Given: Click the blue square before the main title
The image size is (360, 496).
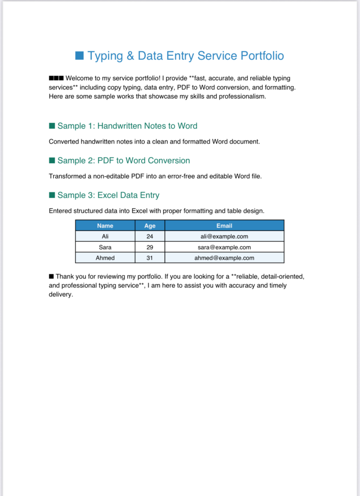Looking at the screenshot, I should coord(79,55).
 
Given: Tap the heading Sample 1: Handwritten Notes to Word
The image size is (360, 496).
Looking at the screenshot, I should coord(127,126).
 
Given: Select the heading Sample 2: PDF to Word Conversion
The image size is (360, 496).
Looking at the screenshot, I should coord(123,160).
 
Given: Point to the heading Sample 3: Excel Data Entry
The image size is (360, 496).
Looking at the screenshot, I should coord(108,195).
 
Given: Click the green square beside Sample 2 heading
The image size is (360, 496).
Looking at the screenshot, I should coord(52,160).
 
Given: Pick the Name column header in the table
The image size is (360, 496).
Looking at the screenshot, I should coord(105,226).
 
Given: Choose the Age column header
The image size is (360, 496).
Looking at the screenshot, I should coord(150,226).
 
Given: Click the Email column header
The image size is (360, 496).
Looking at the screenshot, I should coord(224,226).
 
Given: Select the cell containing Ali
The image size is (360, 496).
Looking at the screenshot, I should coord(105,236).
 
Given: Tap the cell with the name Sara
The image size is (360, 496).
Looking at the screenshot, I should coord(105,247).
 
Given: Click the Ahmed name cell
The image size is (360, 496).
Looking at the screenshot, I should coord(105,258).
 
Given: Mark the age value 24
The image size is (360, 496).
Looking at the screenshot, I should coord(150,236).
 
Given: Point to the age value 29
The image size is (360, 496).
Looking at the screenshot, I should coord(150,247).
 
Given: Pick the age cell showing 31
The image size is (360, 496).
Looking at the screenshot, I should coord(150,258).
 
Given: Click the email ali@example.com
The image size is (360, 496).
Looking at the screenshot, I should coord(224,236).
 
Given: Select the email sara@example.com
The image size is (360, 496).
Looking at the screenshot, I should coord(224,247).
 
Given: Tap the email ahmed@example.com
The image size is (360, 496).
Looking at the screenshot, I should coord(224,258).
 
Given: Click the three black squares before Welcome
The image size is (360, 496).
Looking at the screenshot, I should coord(56,78).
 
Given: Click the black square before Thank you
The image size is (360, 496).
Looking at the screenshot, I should coord(51,276).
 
